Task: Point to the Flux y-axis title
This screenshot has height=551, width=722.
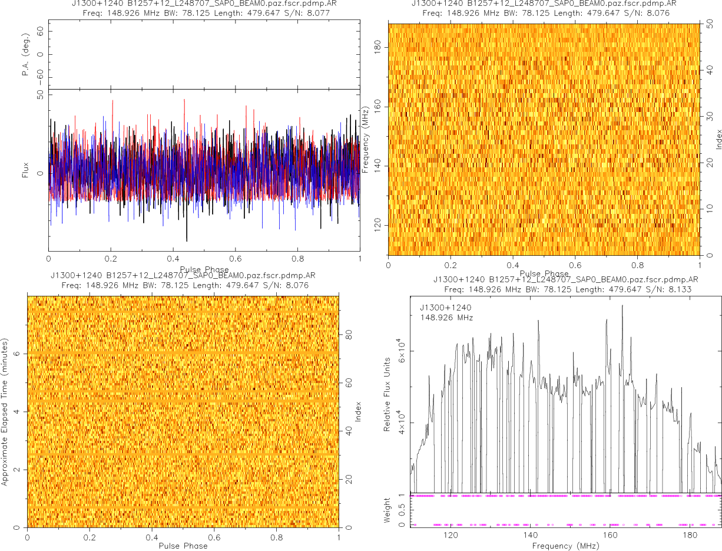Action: click(x=25, y=174)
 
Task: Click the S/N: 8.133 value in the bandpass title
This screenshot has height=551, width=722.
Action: click(x=661, y=289)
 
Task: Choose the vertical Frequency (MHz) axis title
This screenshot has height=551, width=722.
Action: click(x=365, y=139)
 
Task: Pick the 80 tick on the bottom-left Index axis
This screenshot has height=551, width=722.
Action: click(x=348, y=334)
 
